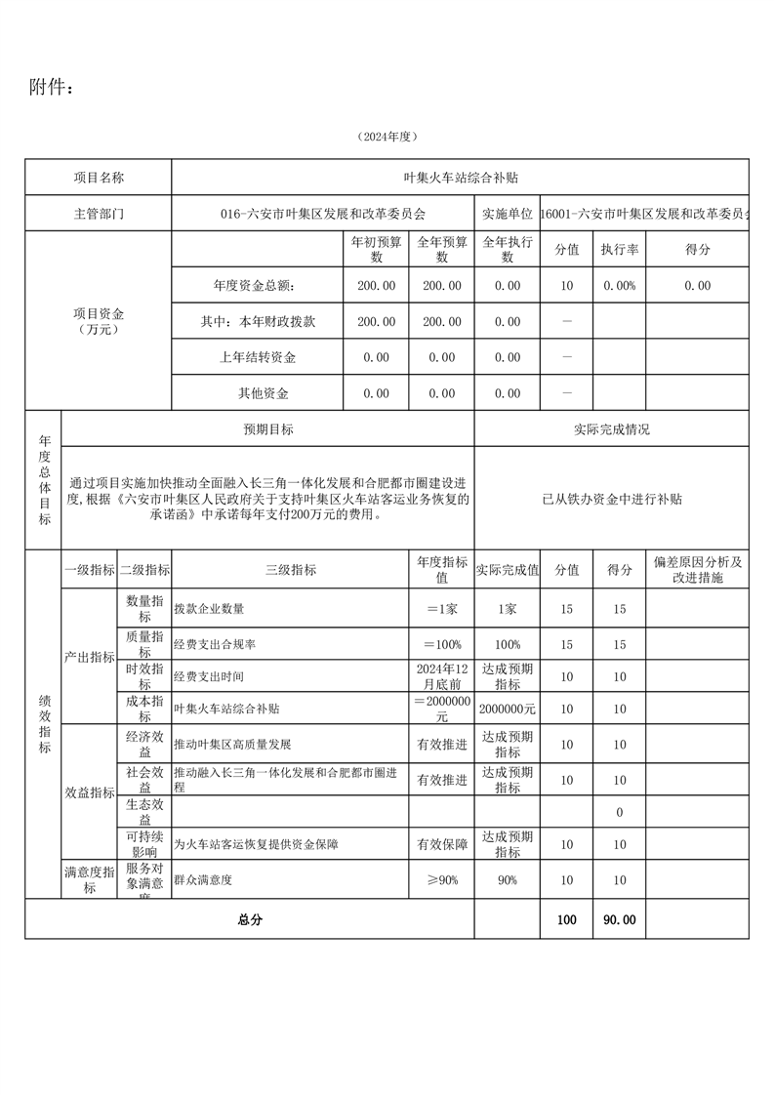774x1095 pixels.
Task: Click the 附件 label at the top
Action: click(x=51, y=88)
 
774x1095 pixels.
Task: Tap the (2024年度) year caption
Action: click(x=387, y=138)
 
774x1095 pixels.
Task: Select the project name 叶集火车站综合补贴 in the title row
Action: click(x=460, y=178)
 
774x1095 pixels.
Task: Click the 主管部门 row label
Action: click(x=99, y=213)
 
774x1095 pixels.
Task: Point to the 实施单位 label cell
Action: click(x=507, y=213)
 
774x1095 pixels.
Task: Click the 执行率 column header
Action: click(x=619, y=249)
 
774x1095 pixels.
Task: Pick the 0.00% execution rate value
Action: click(x=619, y=286)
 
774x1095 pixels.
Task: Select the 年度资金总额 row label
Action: click(x=254, y=286)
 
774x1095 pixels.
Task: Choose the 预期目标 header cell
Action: click(x=268, y=429)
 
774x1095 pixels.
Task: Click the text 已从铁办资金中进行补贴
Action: click(x=612, y=499)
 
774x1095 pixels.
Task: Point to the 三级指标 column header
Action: click(x=291, y=570)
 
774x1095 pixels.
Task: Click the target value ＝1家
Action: click(x=441, y=609)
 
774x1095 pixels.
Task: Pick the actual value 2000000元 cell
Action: click(x=507, y=710)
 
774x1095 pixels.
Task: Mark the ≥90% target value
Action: click(x=441, y=880)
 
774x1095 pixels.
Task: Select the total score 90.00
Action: click(x=619, y=919)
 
